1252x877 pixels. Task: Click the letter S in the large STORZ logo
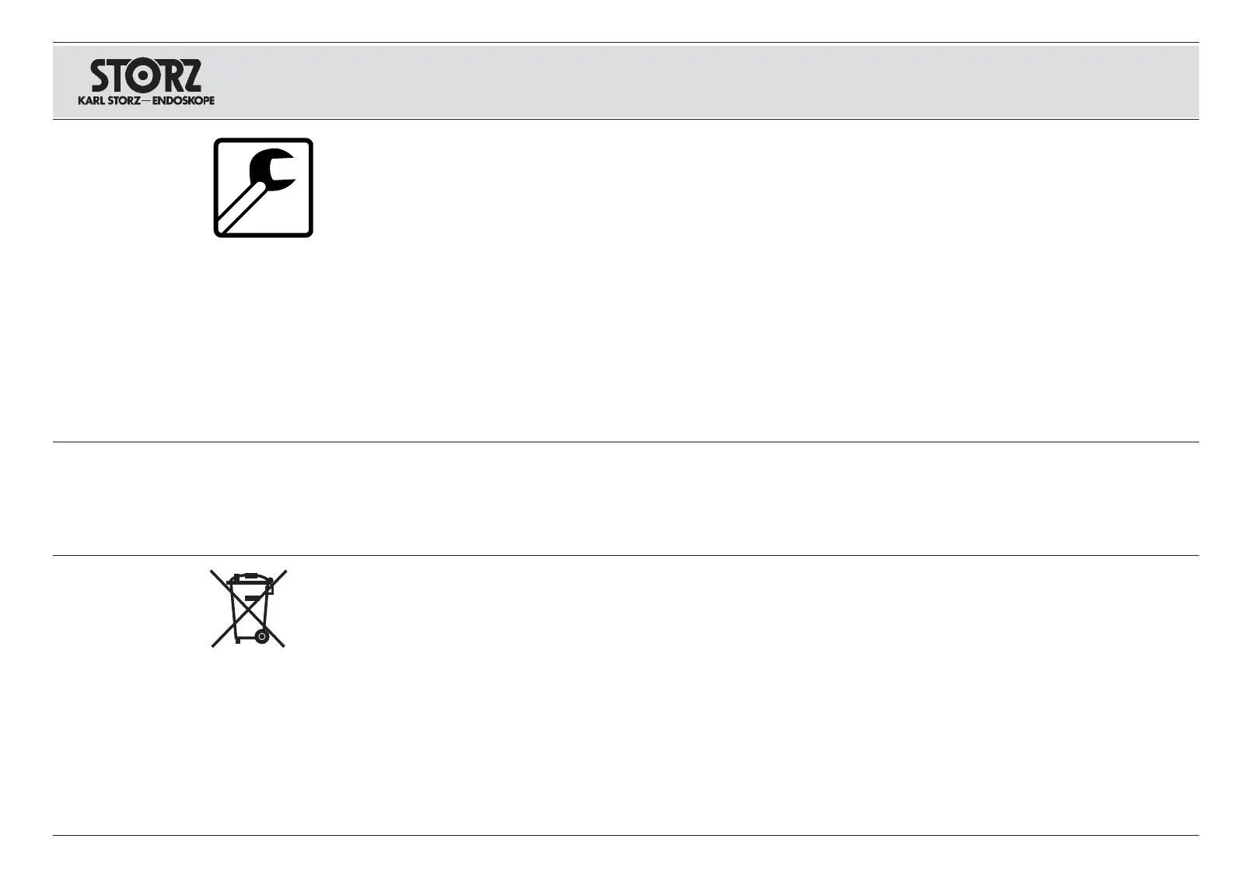coord(103,76)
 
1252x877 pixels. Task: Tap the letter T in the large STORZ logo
coord(124,76)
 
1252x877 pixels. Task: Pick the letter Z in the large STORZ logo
coord(191,76)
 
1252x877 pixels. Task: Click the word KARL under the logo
coord(89,101)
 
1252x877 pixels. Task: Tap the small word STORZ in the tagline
coord(122,101)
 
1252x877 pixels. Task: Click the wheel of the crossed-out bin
coord(262,637)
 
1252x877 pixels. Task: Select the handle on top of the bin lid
coord(249,575)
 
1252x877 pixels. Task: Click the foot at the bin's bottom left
coord(236,641)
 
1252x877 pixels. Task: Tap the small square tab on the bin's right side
coord(270,589)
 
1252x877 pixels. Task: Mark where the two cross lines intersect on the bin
coord(248,609)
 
